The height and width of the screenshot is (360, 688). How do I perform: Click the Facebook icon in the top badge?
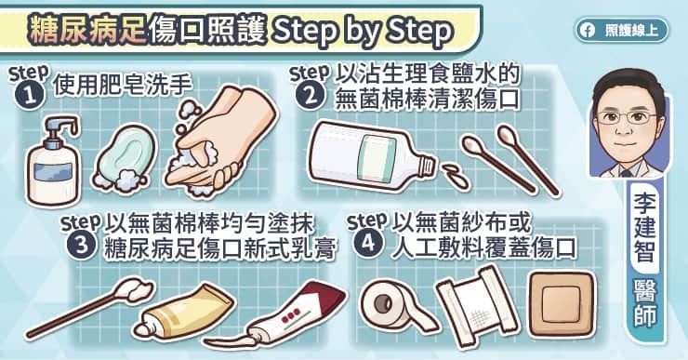tap(587, 31)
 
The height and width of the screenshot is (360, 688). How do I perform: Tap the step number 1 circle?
tap(30, 96)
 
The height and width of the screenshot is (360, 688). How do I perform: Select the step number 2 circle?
tap(311, 95)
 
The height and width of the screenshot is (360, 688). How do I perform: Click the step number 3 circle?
tap(82, 244)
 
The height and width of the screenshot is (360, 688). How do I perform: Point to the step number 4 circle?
tap(367, 243)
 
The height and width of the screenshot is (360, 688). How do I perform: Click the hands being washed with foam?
tap(220, 140)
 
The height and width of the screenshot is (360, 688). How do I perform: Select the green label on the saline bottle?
tap(376, 158)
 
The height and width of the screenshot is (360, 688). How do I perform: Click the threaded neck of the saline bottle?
tap(427, 167)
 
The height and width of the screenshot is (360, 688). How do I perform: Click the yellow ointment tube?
tap(184, 313)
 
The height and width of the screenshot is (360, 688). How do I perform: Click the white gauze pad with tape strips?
tap(477, 306)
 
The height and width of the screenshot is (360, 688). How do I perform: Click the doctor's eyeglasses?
tap(626, 117)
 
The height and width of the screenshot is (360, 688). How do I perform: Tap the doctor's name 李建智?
tap(644, 226)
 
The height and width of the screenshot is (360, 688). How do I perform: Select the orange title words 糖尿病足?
tap(86, 31)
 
